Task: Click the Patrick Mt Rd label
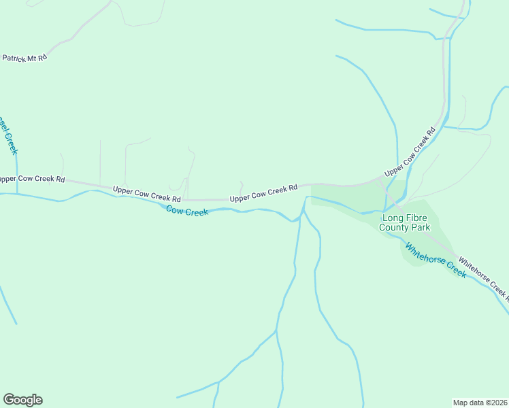(x=24, y=58)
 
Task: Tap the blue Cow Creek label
(x=187, y=211)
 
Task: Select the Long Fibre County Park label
(x=405, y=222)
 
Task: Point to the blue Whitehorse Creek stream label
(x=436, y=260)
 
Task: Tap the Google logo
(x=22, y=400)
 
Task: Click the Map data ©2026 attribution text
(x=479, y=403)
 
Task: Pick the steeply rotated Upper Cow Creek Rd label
(x=410, y=152)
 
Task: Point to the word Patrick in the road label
(x=14, y=58)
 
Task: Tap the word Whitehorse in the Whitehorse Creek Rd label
(x=473, y=269)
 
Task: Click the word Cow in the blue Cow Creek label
(x=176, y=209)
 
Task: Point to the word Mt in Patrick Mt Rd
(x=33, y=58)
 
